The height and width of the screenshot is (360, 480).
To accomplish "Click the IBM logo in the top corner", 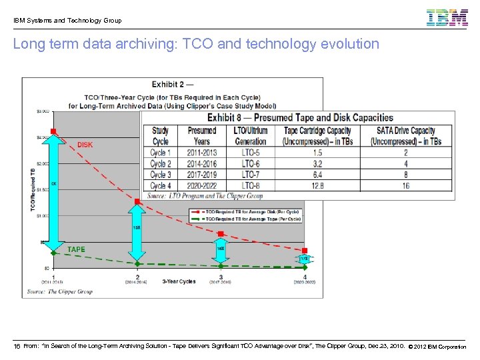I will point(447,17).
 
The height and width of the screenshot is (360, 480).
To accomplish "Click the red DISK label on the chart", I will point(85,145).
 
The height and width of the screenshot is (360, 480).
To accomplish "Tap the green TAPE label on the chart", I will point(76,249).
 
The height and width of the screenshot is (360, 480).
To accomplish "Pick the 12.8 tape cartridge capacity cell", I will point(317,185).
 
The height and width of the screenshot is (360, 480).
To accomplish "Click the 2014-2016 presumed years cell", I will point(202,163).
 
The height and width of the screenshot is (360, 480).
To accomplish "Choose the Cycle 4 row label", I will point(161,185).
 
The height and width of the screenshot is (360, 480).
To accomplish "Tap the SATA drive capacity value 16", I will point(406,185).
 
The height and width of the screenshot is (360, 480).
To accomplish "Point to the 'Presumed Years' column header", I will point(202,136).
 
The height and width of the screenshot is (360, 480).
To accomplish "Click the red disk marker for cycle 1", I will point(54,131).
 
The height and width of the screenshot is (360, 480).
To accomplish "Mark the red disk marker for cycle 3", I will point(221,234).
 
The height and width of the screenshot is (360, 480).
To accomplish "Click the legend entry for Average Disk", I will point(253,211).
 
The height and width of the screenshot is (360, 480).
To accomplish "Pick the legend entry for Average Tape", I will point(253,219).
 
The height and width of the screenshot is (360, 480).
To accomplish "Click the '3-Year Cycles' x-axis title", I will point(179,281).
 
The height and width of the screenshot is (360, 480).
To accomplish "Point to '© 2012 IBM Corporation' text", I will point(437,347).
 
